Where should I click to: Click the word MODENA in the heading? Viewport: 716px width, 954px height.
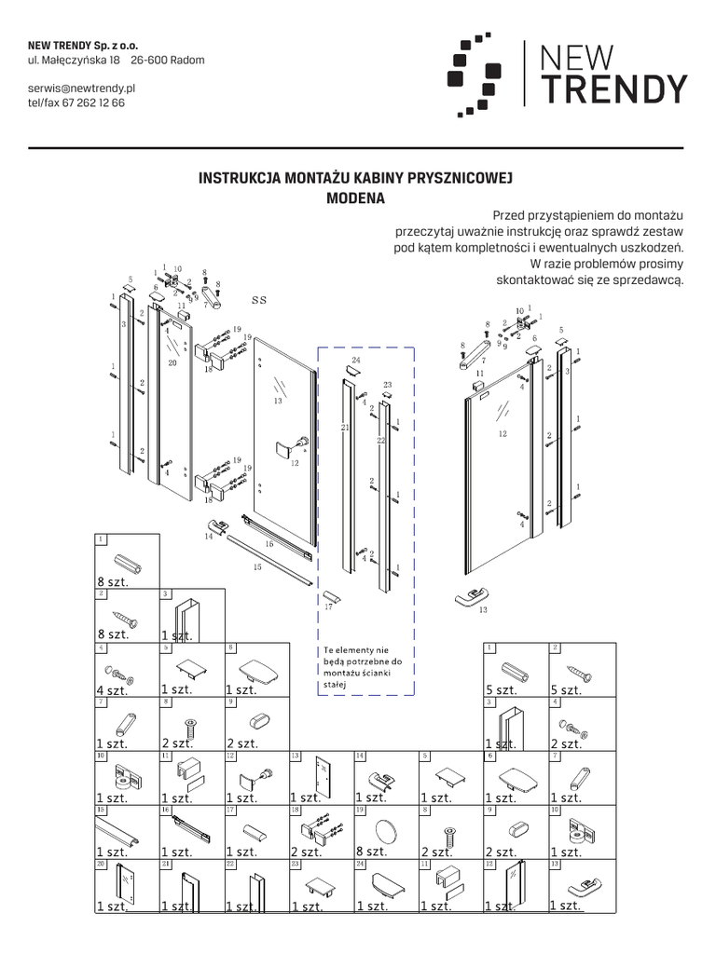tap(355, 198)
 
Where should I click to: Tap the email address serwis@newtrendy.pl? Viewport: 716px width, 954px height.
tap(82, 87)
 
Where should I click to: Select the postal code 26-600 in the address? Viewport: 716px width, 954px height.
tap(150, 61)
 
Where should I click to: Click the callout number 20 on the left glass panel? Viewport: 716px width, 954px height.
tap(172, 363)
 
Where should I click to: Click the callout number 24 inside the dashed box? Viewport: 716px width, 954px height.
tap(355, 359)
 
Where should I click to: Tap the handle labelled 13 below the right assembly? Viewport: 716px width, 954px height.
tap(471, 596)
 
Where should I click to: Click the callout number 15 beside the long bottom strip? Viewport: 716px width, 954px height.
tap(257, 566)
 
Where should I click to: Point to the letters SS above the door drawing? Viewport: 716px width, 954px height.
tap(259, 301)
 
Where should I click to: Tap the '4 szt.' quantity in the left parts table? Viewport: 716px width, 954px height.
tap(112, 690)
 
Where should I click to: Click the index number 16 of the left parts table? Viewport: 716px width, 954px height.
tap(165, 811)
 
